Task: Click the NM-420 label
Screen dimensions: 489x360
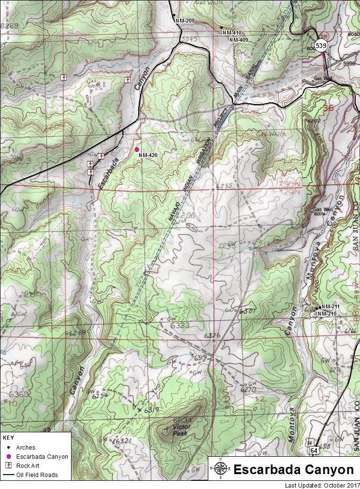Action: [148, 156]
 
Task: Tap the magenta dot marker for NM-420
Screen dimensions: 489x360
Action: [137, 149]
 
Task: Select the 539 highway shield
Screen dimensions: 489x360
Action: [321, 45]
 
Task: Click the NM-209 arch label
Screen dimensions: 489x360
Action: [185, 21]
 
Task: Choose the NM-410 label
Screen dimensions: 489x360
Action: [232, 33]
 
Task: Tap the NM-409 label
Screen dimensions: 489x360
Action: [239, 40]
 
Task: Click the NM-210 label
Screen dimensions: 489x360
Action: [327, 314]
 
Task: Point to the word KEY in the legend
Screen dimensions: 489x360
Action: [8, 438]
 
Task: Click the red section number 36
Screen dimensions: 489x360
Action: [328, 109]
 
